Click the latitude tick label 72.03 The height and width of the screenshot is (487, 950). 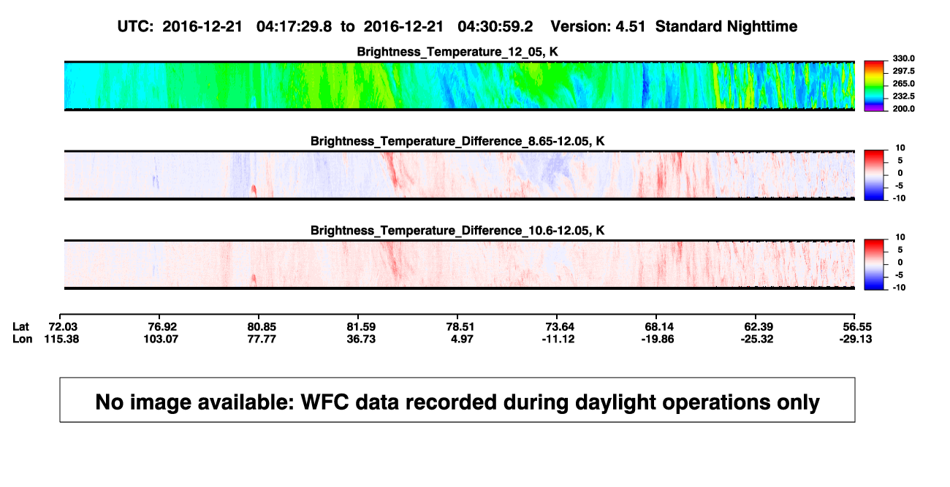[x=63, y=327]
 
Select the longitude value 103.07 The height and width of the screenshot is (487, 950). [x=161, y=339]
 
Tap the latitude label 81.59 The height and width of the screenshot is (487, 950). [x=361, y=327]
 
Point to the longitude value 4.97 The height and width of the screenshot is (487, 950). [x=462, y=339]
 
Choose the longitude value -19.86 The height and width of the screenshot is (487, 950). [x=658, y=339]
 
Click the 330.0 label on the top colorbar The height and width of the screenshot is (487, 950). [x=903, y=58]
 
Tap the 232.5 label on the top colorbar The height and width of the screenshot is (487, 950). [x=903, y=96]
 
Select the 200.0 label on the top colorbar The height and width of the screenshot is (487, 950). [x=903, y=109]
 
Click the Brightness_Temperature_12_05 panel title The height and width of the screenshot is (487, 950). [x=457, y=52]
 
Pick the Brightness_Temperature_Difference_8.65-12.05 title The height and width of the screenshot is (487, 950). [x=457, y=141]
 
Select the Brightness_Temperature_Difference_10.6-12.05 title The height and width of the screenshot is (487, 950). [x=457, y=231]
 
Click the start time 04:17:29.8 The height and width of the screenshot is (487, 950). [x=294, y=27]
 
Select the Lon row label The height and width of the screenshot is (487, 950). [x=22, y=339]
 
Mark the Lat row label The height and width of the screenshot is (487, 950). [x=20, y=327]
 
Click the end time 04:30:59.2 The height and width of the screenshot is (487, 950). [x=495, y=27]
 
